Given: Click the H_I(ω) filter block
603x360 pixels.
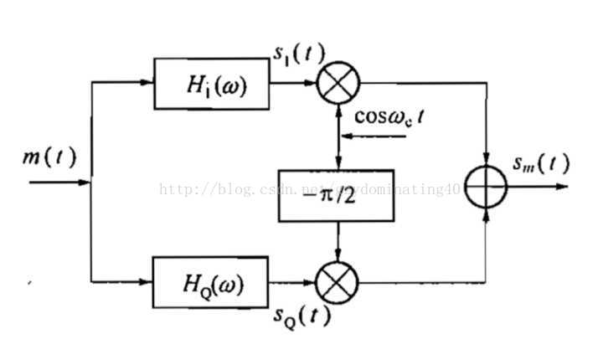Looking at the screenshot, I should pyautogui.click(x=213, y=85).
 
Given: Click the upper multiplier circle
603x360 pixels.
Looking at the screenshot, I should pyautogui.click(x=338, y=85).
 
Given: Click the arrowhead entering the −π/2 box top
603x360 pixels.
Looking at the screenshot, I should pyautogui.click(x=338, y=164).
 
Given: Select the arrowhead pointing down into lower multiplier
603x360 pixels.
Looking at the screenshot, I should pyautogui.click(x=338, y=255).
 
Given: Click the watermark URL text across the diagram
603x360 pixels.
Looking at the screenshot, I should pyautogui.click(x=310, y=190).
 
